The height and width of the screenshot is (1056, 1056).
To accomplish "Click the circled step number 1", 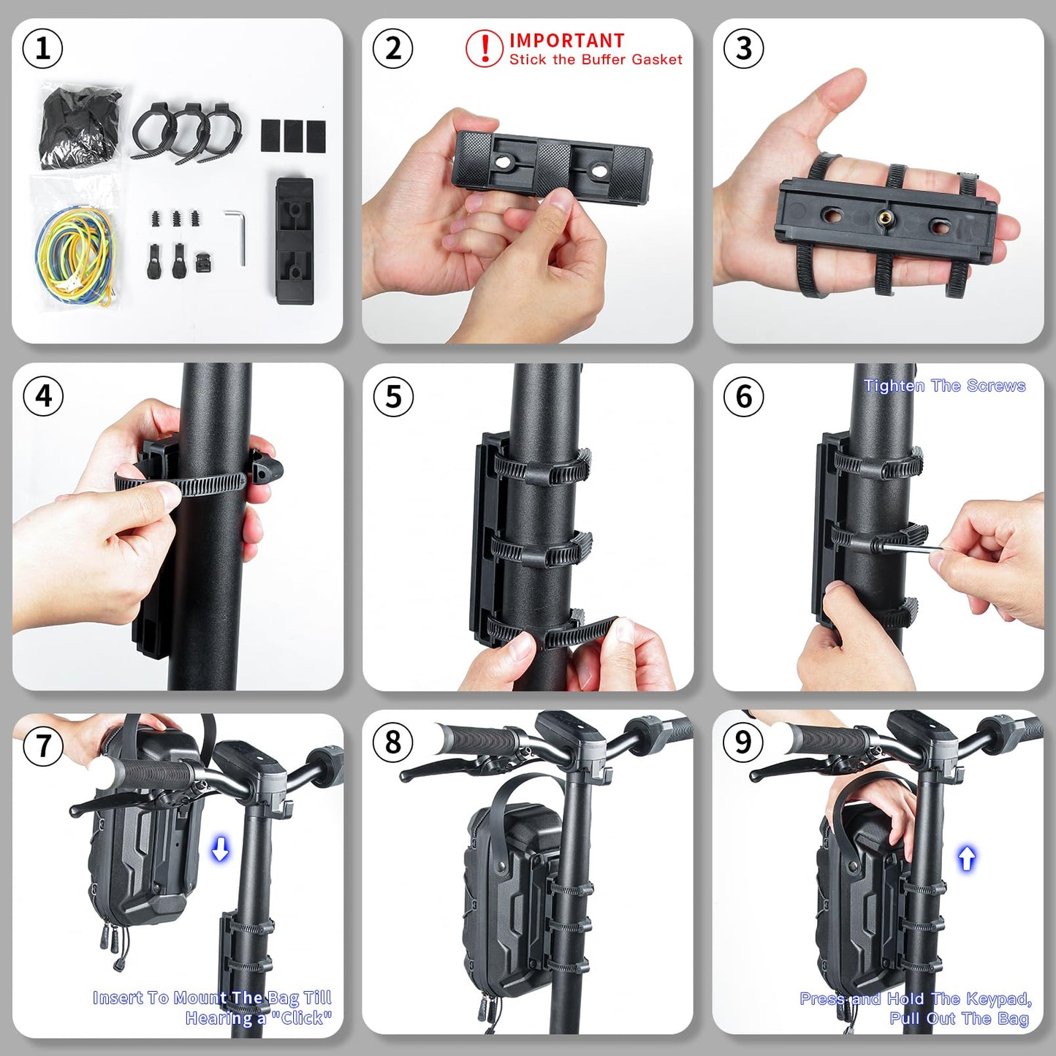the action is point(42,48).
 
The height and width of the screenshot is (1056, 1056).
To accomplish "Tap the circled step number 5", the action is point(393,396).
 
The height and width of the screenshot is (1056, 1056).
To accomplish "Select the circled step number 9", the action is point(743,742).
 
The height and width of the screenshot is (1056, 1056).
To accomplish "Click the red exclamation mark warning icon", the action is point(485,48).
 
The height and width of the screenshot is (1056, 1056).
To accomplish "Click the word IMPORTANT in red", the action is point(566,40).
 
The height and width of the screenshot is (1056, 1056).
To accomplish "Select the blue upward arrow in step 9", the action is point(966,859).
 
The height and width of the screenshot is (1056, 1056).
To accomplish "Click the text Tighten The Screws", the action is point(944,386).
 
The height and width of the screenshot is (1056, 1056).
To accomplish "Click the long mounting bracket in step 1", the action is point(295,240).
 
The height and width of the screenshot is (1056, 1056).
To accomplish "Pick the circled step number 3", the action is point(743,48).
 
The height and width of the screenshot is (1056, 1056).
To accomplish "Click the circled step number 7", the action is point(42,745).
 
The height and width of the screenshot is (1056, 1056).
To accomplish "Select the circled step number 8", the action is point(393,742).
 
